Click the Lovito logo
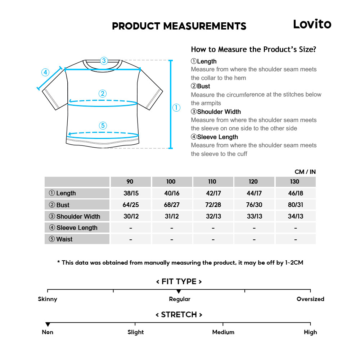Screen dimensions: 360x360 point(312,24)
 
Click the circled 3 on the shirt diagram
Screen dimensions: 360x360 point(104,60)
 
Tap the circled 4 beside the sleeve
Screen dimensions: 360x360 point(45,72)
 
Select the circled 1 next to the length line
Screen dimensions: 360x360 point(176,107)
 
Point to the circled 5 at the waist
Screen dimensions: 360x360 point(103,125)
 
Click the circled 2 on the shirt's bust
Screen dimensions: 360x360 point(103,94)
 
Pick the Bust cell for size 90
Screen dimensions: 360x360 point(131,205)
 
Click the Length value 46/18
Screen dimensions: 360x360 point(296,193)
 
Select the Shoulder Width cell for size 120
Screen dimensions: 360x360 point(254,216)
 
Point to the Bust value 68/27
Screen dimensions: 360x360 point(172,205)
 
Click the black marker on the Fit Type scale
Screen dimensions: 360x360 point(179,291)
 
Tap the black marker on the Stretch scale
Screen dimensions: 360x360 point(48,324)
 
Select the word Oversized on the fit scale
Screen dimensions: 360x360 point(310,299)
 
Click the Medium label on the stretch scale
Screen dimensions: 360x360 point(223,332)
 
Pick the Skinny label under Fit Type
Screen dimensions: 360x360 point(48,299)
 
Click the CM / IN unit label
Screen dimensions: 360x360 point(305,172)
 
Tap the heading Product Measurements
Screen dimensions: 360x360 point(179,26)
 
